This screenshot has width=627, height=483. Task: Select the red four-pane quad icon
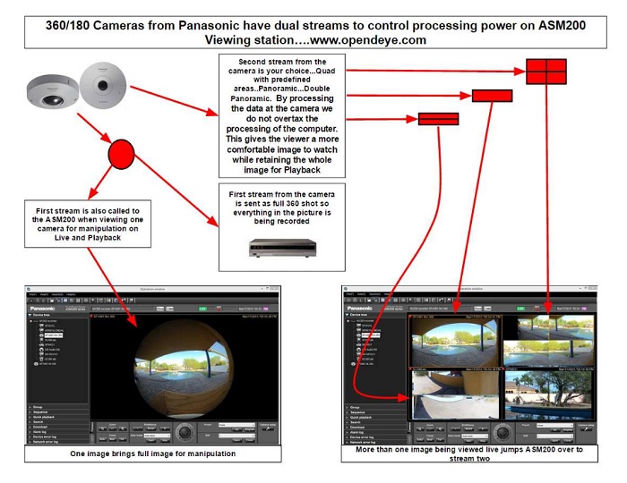coord(545,70)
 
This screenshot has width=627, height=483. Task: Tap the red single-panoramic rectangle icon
coord(492,96)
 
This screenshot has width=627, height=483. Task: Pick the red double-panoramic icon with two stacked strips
coord(438,119)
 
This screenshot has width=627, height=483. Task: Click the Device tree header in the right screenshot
coord(365,314)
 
